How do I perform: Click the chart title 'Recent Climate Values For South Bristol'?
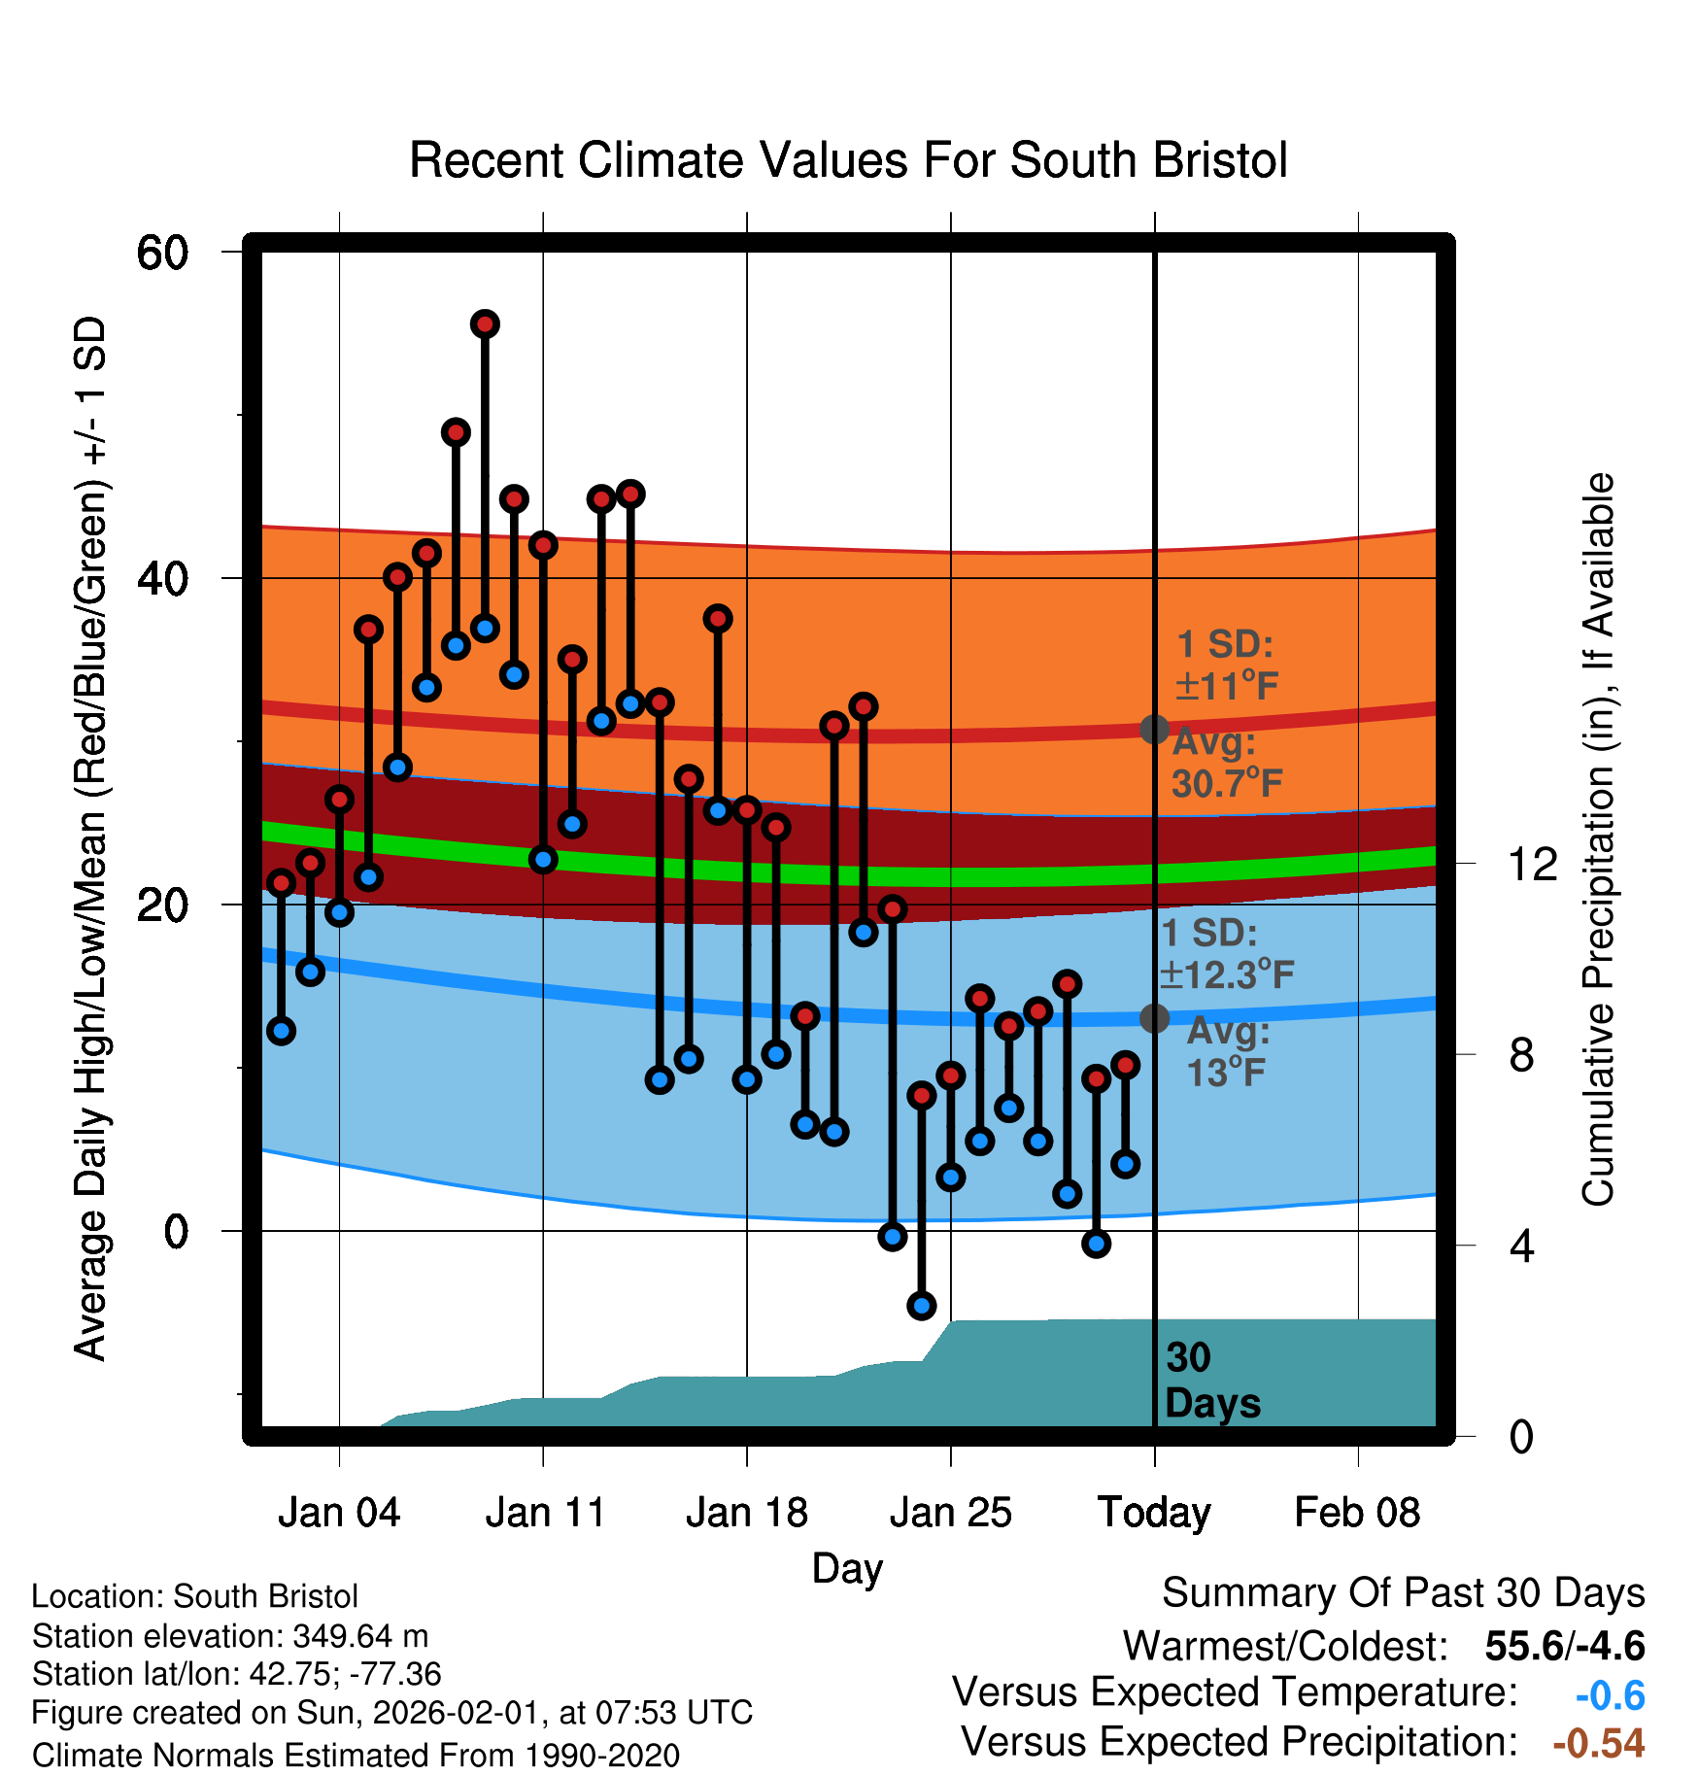[848, 161]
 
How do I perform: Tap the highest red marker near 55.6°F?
[485, 324]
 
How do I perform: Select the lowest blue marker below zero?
[921, 1305]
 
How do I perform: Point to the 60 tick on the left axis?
[162, 254]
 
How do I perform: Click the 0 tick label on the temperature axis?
[176, 1232]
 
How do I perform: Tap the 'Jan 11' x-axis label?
[545, 1513]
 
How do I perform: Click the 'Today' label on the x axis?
[1154, 1513]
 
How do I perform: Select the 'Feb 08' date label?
[1357, 1513]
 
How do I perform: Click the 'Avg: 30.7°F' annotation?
[1226, 763]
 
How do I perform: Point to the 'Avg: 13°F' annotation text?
[1227, 1052]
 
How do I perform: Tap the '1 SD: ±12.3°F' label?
[1226, 954]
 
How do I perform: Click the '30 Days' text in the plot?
[1211, 1381]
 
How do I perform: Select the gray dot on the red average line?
[1154, 730]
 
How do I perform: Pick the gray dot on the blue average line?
[1154, 1018]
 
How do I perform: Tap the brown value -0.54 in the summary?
[1598, 1743]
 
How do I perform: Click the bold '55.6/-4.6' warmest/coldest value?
[1564, 1646]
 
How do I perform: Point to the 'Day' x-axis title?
[847, 1568]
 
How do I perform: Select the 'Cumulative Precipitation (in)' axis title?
[1598, 840]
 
